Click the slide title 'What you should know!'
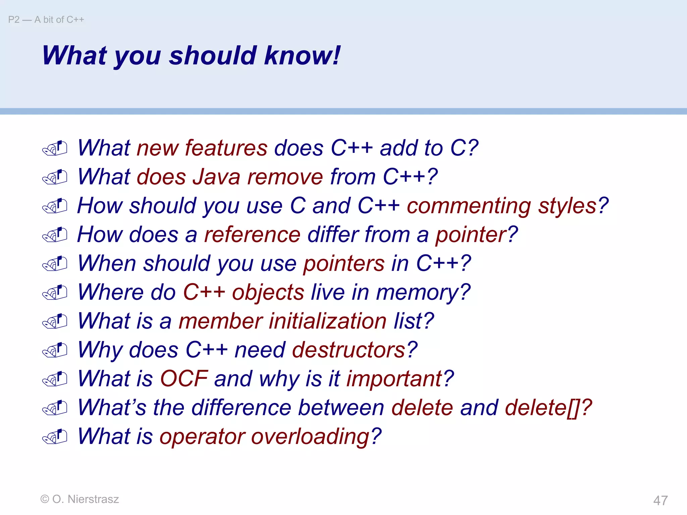[x=191, y=55]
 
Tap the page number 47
[x=660, y=500]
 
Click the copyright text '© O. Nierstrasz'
[x=80, y=499]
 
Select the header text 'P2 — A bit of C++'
[x=46, y=20]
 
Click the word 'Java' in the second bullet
[x=216, y=177]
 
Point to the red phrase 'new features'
[x=202, y=148]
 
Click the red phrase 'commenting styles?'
[x=508, y=206]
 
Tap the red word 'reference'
[x=252, y=234]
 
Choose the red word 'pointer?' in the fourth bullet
[x=476, y=234]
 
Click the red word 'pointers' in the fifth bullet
[x=343, y=263]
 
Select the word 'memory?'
[x=423, y=292]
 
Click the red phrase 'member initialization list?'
[x=306, y=321]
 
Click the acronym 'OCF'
[x=184, y=379]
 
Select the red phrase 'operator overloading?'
[x=270, y=436]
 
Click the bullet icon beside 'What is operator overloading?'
[x=55, y=437]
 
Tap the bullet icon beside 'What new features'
[x=55, y=148]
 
